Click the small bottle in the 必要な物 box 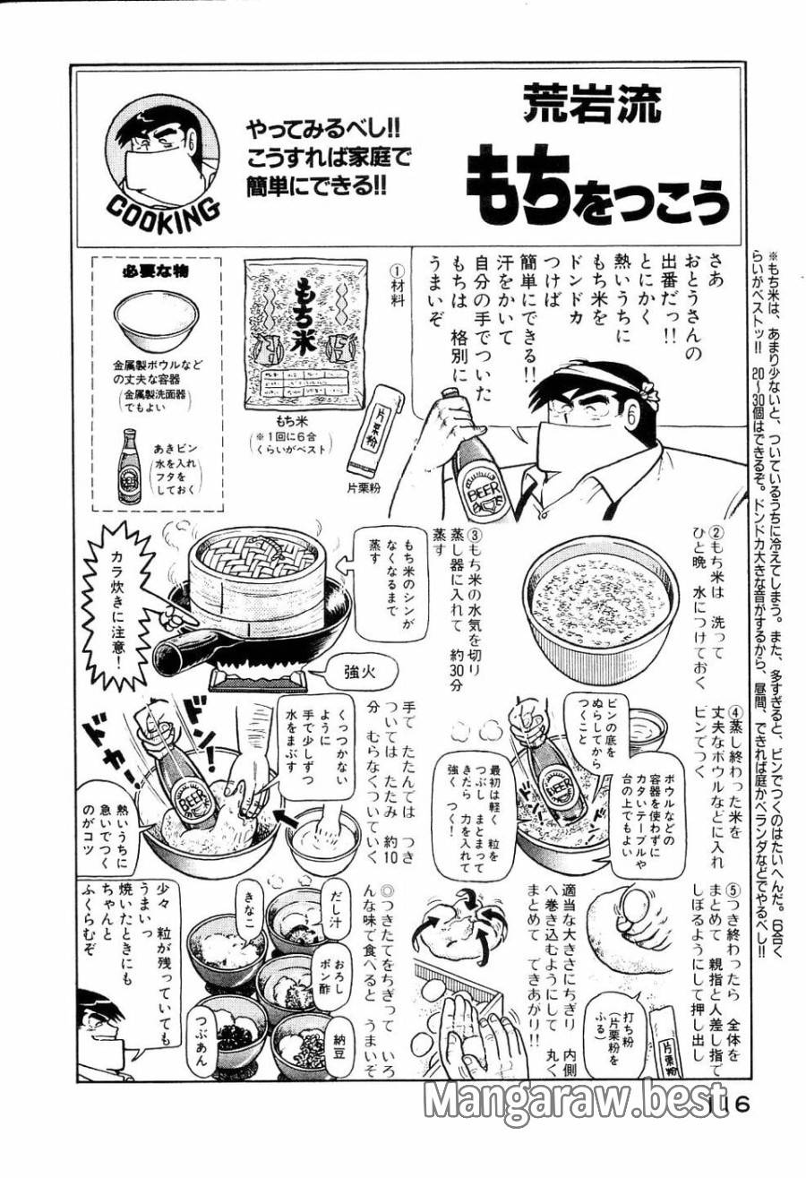coord(129,466)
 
